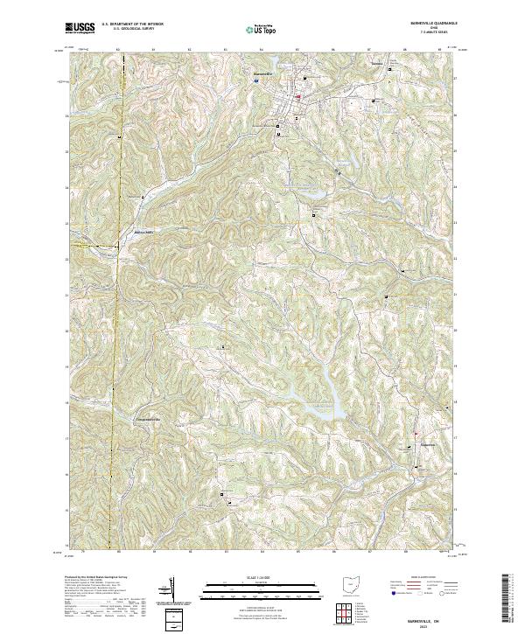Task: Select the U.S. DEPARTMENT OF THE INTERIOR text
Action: [x=132, y=25]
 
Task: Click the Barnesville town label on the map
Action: [x=263, y=74]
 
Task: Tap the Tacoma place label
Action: [x=377, y=65]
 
